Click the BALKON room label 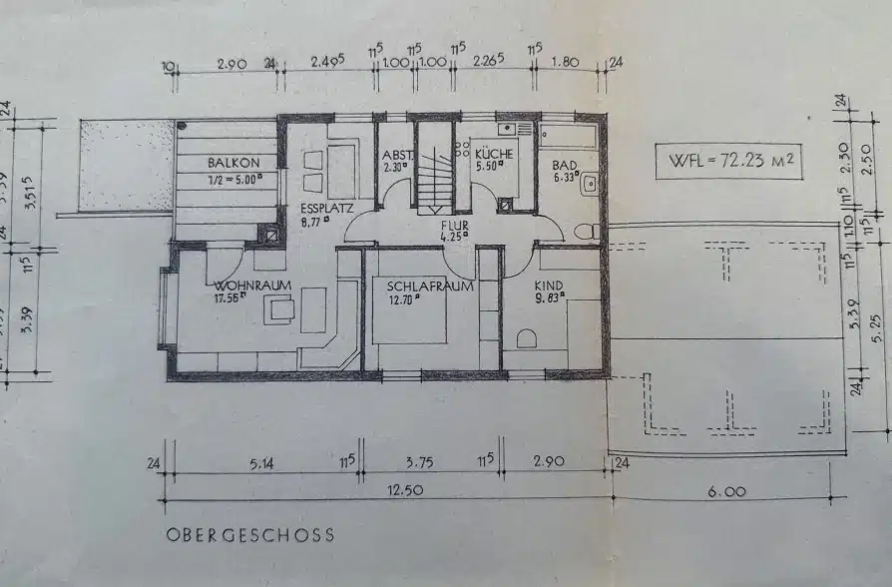click(233, 163)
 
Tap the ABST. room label click(396, 155)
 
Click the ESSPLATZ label click(325, 209)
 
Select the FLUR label click(454, 226)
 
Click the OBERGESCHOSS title click(250, 535)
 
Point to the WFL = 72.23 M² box click(728, 161)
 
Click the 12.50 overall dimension click(391, 490)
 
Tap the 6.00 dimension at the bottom click(726, 490)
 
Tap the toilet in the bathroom click(587, 231)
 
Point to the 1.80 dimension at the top click(566, 61)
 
